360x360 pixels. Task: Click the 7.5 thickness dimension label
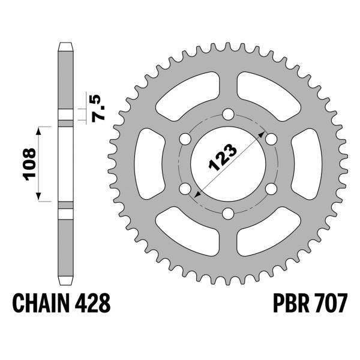(100, 107)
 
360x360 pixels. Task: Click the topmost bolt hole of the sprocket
(228, 114)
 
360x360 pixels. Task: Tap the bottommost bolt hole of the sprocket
(228, 213)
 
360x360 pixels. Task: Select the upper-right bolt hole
(271, 139)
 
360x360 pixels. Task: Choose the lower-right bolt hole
(271, 188)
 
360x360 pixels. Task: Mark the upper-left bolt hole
(185, 139)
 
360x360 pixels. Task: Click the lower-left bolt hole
(185, 188)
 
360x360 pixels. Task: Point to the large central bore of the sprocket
(228, 164)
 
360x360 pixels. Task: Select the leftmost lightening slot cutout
(147, 163)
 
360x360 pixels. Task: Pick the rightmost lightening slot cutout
(310, 163)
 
